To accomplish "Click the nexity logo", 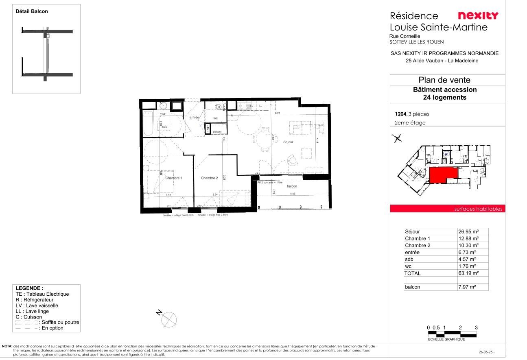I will click(x=478, y=16).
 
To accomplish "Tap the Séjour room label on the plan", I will click(x=288, y=142).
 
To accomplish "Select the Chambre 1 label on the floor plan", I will click(x=174, y=178).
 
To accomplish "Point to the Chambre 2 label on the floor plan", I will click(x=210, y=178).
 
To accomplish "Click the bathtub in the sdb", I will click(x=148, y=123).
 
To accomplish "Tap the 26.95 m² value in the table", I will click(x=468, y=232).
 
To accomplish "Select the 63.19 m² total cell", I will click(x=468, y=273).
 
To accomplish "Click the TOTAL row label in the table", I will click(x=413, y=273).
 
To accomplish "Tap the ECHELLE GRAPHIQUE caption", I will click(x=446, y=339).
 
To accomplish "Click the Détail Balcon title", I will click(x=32, y=11).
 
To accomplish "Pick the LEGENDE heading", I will click(x=29, y=288).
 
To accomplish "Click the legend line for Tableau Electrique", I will click(x=42, y=294).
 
